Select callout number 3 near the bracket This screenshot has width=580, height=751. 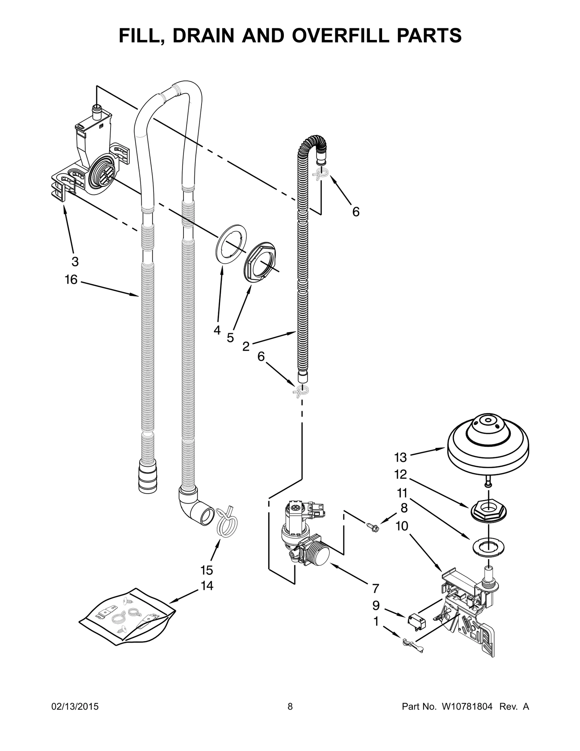click(x=74, y=261)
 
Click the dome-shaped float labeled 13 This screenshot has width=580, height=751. click(x=488, y=445)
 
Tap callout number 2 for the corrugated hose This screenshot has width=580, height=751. click(x=246, y=346)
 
